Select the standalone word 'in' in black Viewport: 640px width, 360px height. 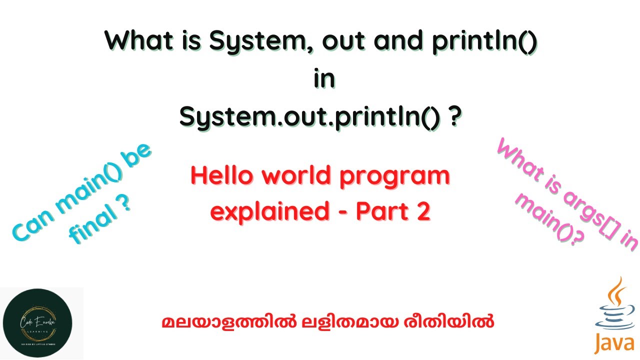(323, 80)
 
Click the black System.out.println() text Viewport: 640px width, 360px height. (309, 117)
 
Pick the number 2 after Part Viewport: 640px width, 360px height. (422, 212)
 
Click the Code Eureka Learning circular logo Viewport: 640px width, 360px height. (37, 323)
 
